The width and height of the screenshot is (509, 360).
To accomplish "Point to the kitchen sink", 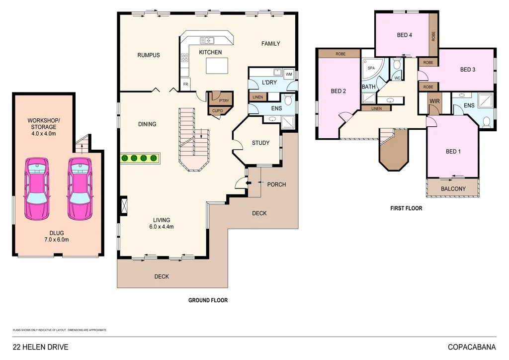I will point(207,40).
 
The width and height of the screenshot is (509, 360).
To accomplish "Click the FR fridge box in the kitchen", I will point(185,85).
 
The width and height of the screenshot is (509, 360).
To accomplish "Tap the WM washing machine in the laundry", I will point(289,74).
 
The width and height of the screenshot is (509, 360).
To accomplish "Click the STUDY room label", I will point(260,143).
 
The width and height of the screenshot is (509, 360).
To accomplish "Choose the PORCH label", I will point(276,184).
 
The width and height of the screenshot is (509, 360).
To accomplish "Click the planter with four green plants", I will point(139,158).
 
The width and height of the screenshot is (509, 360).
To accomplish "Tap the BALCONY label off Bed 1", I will point(453,188).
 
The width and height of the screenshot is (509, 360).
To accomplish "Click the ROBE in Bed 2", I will point(340,54).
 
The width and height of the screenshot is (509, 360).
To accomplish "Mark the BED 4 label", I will point(405,35).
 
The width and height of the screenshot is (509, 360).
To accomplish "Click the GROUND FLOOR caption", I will point(208,300).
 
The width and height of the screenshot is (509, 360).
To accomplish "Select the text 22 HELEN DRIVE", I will point(40,347).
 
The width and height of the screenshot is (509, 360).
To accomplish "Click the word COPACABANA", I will point(471,347).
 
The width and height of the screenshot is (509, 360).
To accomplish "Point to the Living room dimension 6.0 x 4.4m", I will point(162,227).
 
